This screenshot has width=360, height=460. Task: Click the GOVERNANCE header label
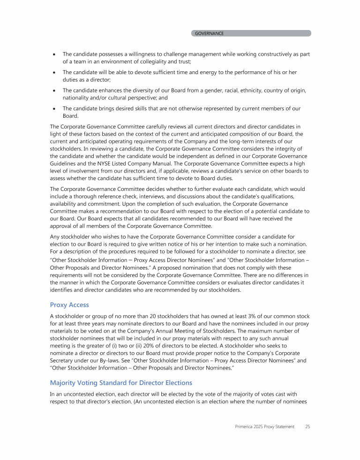point(209,33)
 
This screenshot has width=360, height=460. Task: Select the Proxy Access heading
point(69,305)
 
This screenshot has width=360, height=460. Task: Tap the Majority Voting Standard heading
point(121,383)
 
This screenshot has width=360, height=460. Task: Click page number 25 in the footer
point(307,427)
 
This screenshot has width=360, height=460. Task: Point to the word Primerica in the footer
point(245,427)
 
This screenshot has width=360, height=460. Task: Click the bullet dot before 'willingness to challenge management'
point(54,54)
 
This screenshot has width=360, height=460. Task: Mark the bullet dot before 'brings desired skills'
point(54,109)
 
